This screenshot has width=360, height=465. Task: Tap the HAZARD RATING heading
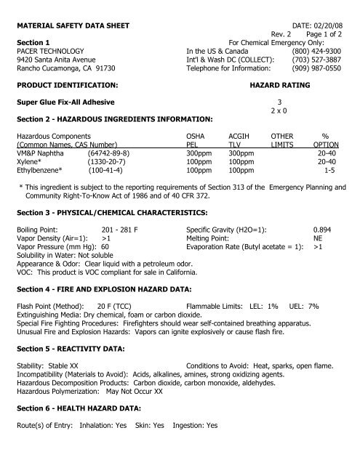280,85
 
